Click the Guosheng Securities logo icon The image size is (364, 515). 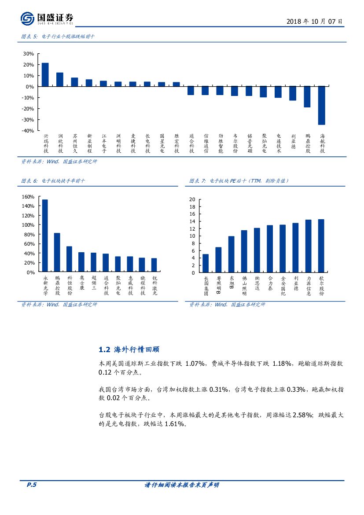click(x=27, y=18)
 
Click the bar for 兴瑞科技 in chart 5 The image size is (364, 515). click(x=45, y=75)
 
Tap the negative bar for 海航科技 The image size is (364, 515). click(x=322, y=105)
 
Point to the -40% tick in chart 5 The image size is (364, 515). click(x=28, y=131)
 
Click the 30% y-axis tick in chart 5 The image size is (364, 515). click(x=29, y=54)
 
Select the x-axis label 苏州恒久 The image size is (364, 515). click(x=74, y=143)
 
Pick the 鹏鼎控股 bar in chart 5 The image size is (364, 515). click(x=307, y=97)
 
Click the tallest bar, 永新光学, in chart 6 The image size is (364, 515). click(x=45, y=236)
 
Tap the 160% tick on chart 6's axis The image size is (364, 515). click(x=28, y=197)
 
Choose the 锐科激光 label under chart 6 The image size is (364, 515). click(x=154, y=285)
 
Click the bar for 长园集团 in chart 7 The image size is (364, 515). click(x=206, y=263)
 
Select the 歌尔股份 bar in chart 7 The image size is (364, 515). click(x=321, y=246)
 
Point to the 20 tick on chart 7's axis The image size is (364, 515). click(x=192, y=199)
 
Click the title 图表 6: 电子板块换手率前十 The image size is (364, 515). click(x=53, y=181)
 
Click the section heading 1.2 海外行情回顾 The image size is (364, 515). click(x=129, y=349)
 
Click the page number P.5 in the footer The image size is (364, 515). click(x=31, y=485)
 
